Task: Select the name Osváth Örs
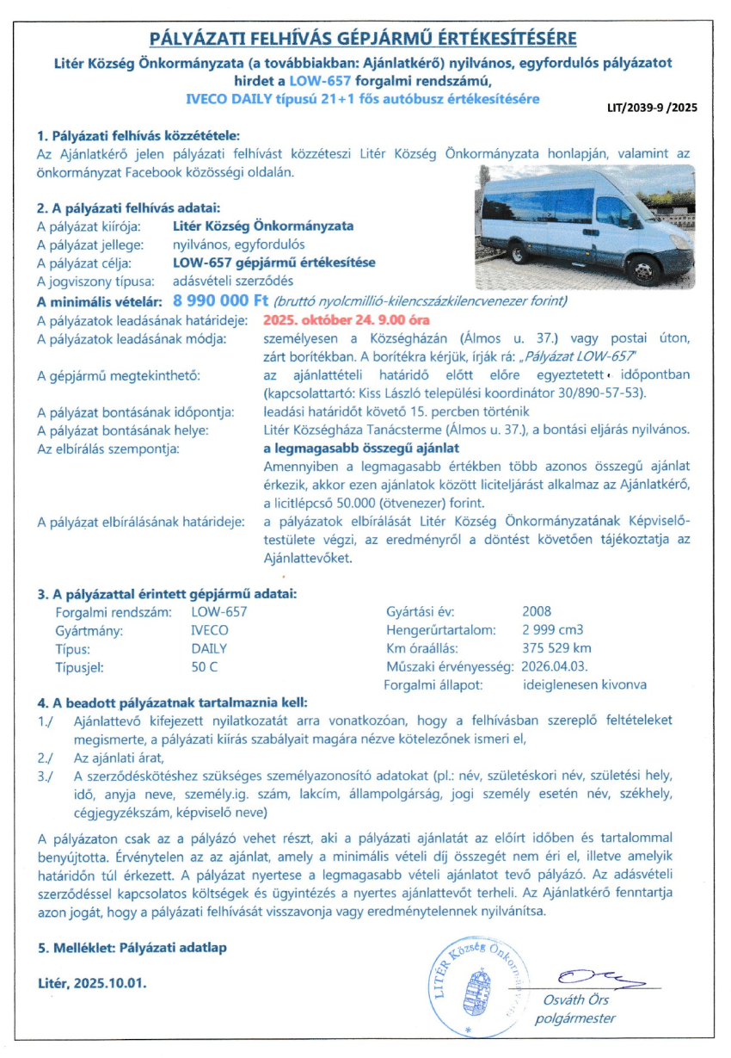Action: (x=575, y=1000)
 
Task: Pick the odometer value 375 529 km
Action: (x=556, y=648)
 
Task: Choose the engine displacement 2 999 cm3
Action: (x=554, y=630)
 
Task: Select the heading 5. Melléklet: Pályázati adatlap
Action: (x=133, y=948)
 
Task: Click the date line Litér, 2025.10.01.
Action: (x=92, y=982)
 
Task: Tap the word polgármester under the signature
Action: (x=575, y=1018)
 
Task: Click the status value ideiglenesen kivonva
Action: (x=585, y=685)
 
